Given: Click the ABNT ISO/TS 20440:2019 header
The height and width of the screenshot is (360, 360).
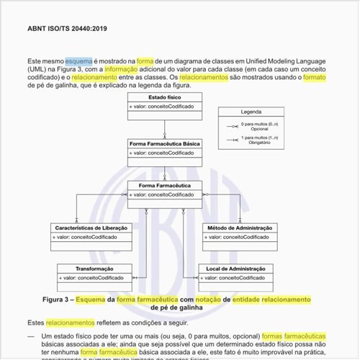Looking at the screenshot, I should click(x=66, y=29).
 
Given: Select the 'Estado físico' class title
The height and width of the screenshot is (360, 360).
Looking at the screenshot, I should click(x=164, y=96).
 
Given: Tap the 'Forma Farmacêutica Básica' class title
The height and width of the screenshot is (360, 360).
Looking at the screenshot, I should click(x=165, y=143).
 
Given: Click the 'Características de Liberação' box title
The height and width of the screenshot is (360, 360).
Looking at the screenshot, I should click(x=91, y=228).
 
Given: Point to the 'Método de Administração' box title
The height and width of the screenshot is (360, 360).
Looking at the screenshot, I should click(x=238, y=228).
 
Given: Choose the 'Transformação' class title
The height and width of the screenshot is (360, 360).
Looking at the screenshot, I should click(x=94, y=268).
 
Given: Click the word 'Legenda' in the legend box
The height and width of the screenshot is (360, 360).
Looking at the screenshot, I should click(x=251, y=112).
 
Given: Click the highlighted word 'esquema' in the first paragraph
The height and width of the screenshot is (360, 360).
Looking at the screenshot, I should click(x=78, y=62).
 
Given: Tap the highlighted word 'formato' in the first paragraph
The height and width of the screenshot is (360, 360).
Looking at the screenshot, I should click(x=315, y=77).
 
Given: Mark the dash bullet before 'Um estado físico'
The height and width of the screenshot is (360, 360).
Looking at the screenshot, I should click(x=31, y=336).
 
